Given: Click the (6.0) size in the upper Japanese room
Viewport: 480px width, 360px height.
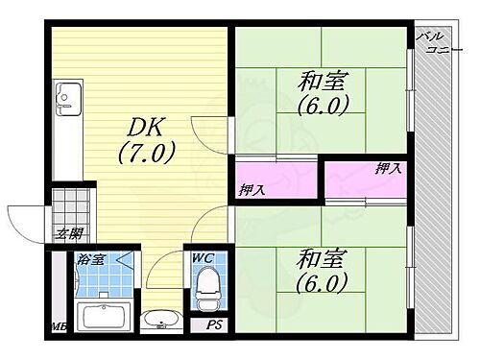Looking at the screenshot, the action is click(x=322, y=103).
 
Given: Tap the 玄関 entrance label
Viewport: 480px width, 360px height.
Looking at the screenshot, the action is click(x=68, y=232).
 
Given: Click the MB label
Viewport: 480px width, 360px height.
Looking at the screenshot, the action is click(x=58, y=327).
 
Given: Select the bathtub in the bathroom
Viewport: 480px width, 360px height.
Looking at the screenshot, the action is click(x=101, y=318).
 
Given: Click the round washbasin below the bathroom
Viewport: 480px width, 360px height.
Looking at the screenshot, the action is click(x=157, y=322).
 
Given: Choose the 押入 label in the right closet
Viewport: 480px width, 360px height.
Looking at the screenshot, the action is click(x=388, y=169).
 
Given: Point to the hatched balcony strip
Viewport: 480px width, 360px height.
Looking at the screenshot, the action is click(x=437, y=192).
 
